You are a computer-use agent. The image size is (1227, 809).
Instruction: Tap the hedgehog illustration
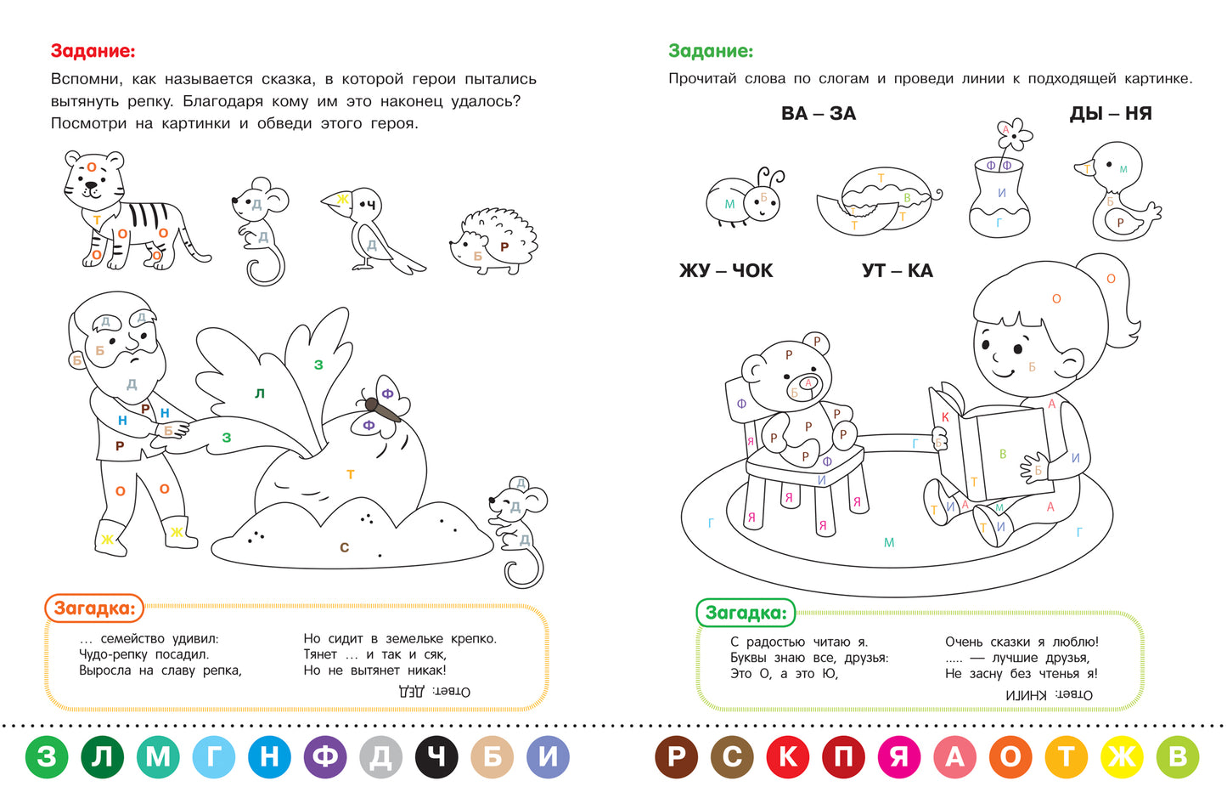[x=494, y=241]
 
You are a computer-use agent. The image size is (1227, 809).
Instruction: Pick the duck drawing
[x=1117, y=192]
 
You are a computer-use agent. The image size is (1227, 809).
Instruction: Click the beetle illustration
[x=744, y=197]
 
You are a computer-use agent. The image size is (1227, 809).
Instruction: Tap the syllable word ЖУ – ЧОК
[x=726, y=271]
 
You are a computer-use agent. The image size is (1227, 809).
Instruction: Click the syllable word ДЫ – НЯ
[x=1111, y=114]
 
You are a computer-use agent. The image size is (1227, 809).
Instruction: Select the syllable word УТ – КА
[x=898, y=271]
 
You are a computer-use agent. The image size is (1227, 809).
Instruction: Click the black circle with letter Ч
[x=436, y=757]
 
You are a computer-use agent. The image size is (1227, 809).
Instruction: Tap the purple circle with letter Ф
[x=325, y=757]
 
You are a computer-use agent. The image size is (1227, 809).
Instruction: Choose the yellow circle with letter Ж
[x=1122, y=757]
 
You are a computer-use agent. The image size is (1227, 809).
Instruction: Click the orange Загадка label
[x=94, y=608]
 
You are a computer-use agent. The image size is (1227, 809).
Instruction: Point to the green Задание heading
[x=711, y=51]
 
